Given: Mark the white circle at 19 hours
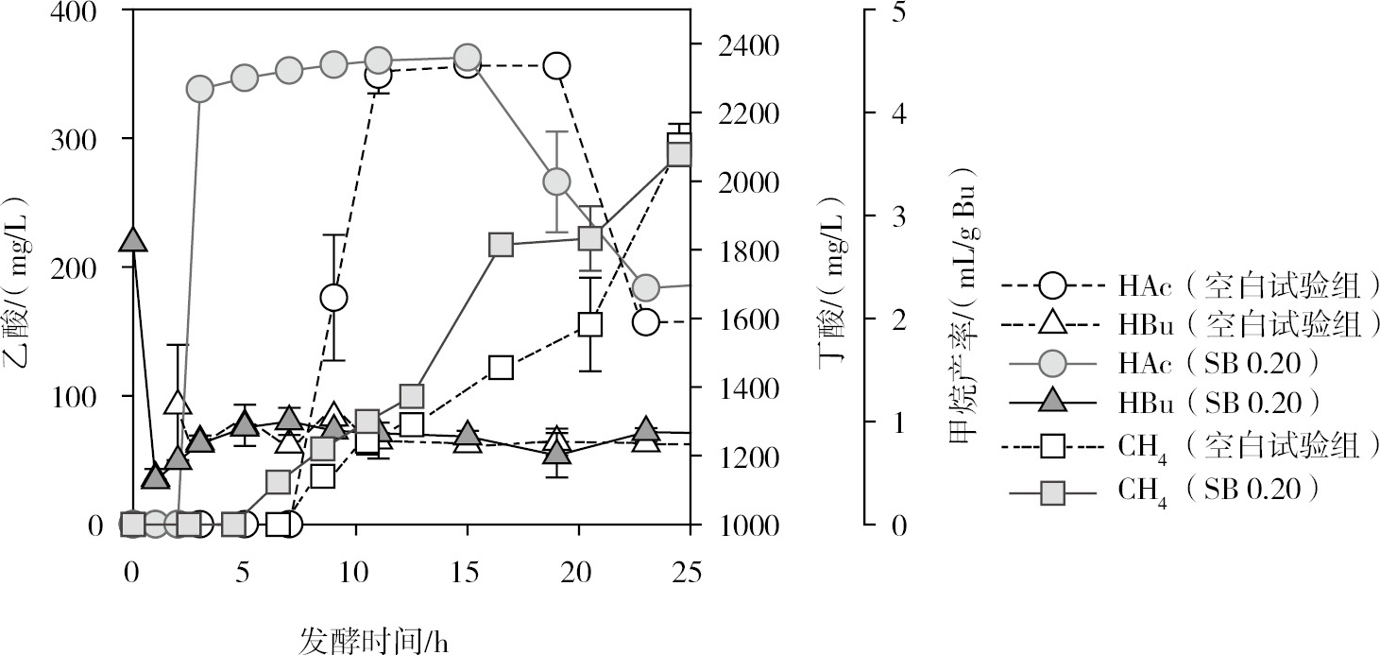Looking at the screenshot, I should (x=556, y=66).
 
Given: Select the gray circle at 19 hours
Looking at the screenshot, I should (x=556, y=181).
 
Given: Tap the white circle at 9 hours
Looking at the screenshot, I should (x=333, y=298).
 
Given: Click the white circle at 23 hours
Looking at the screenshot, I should (x=646, y=321).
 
